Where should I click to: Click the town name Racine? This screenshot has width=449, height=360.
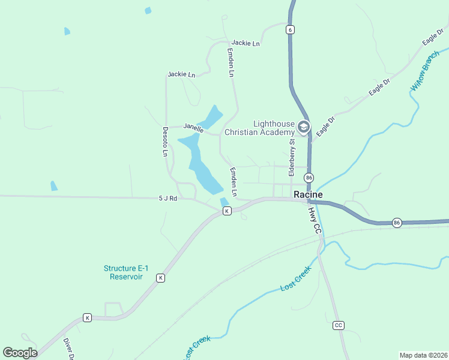click(x=308, y=194)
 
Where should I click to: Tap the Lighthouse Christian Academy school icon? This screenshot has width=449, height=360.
click(x=304, y=127)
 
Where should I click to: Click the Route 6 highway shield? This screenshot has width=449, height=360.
click(x=291, y=29)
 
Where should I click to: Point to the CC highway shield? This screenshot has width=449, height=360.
click(x=339, y=325)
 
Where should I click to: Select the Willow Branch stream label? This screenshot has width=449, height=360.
click(x=424, y=71)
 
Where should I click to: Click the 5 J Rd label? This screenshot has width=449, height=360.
click(x=168, y=197)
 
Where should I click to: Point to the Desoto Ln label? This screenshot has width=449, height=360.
click(x=165, y=142)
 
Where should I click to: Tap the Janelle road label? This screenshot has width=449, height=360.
click(x=194, y=127)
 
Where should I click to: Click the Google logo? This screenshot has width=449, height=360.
click(x=20, y=353)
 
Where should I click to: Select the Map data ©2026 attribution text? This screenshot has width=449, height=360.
click(x=424, y=355)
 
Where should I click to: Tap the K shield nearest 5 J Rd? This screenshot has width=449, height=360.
click(x=226, y=211)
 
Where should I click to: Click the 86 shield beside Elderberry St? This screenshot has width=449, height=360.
click(x=309, y=178)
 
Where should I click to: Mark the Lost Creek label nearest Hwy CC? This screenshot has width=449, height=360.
click(x=296, y=279)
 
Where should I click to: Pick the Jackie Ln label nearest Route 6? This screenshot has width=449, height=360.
click(x=246, y=43)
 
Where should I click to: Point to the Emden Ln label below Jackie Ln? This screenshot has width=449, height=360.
click(x=230, y=62)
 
